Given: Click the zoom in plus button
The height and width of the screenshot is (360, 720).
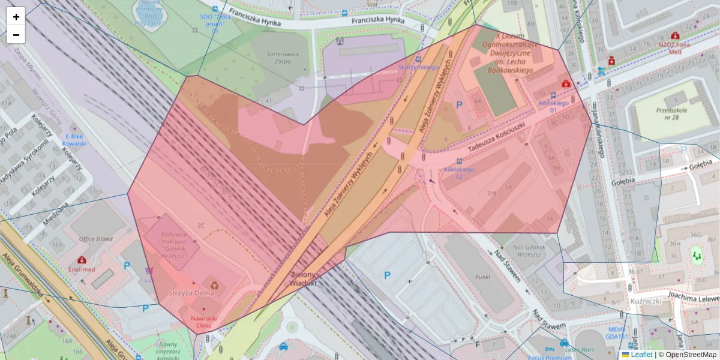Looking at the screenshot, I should click(x=16, y=16).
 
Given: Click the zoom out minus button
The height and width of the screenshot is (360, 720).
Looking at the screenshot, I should click(x=16, y=35).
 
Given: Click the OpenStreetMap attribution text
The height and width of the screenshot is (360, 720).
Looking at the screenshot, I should click(x=691, y=355).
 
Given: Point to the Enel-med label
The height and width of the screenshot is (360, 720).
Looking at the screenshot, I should click(x=82, y=270).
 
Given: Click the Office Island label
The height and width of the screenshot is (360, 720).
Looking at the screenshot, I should click(x=95, y=239).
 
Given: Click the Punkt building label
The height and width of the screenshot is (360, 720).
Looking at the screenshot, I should click(x=482, y=277).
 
